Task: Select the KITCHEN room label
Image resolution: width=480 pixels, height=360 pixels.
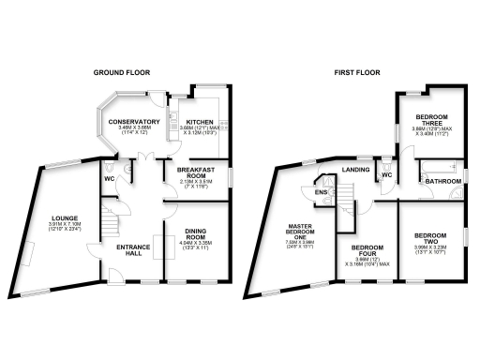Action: click(200, 123)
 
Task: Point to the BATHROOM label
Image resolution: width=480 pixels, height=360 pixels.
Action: click(436, 182)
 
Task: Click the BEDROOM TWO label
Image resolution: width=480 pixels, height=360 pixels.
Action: click(430, 238)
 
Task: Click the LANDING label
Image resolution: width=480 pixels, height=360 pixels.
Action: click(356, 170)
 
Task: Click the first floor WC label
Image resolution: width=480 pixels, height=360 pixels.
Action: click(386, 173)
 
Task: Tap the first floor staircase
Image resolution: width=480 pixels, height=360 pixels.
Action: click(349, 198)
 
